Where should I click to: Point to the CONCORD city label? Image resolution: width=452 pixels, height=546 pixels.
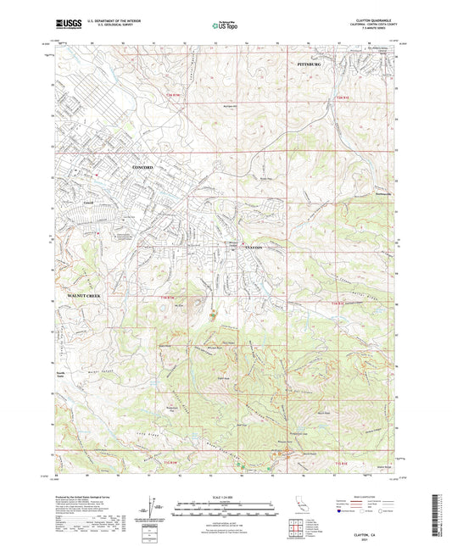pyautogui.click(x=124, y=169)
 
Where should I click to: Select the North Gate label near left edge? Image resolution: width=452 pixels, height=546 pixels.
pyautogui.click(x=60, y=373)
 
